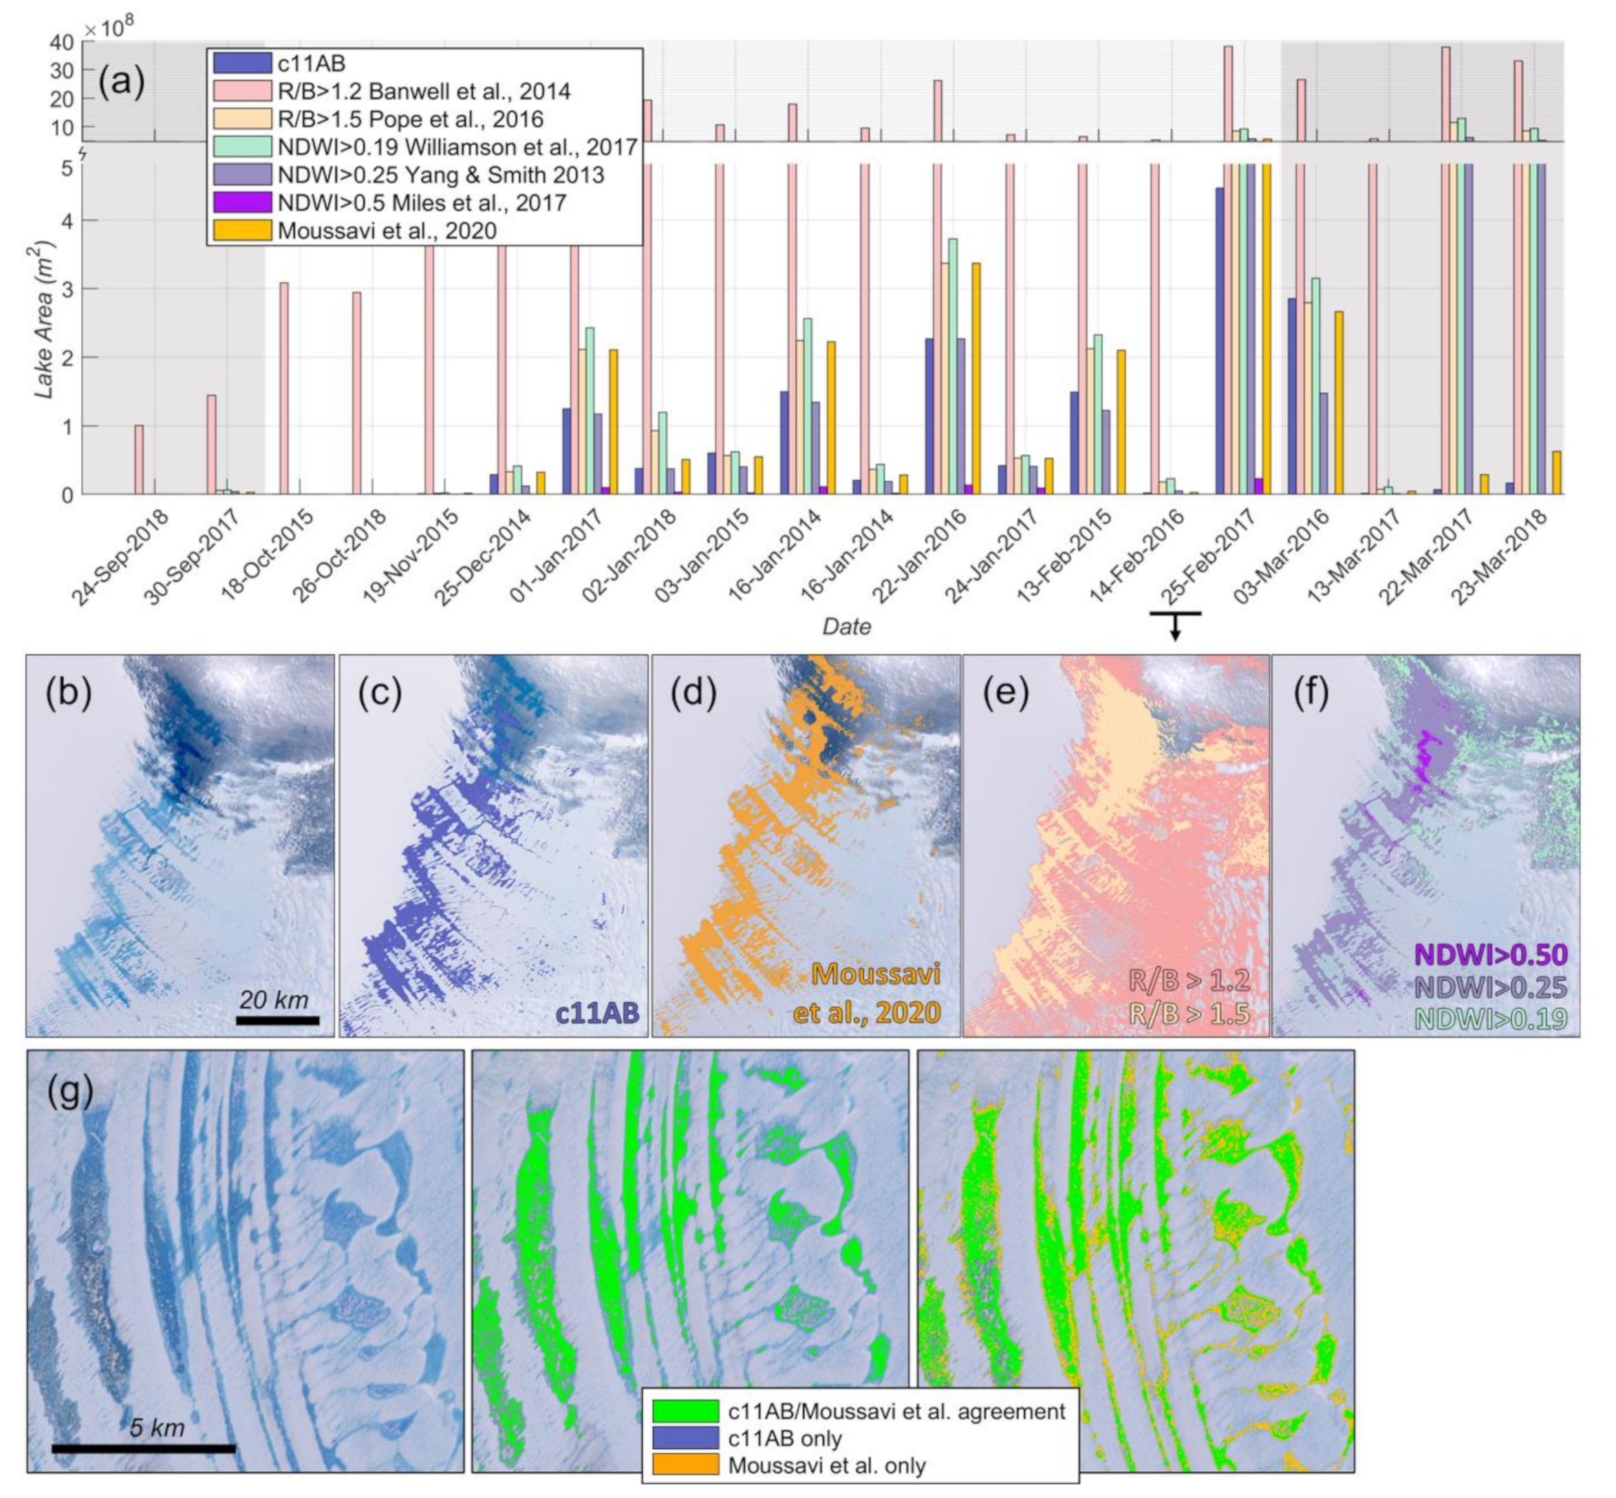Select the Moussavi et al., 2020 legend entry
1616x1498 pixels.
(386, 231)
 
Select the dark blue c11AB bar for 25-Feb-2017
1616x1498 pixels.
(1219, 341)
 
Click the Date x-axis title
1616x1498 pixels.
(846, 626)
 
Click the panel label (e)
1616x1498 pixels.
(1006, 694)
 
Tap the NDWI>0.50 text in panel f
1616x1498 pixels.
(1491, 955)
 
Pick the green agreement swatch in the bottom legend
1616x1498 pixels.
(685, 1411)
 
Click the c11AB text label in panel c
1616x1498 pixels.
(597, 1012)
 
